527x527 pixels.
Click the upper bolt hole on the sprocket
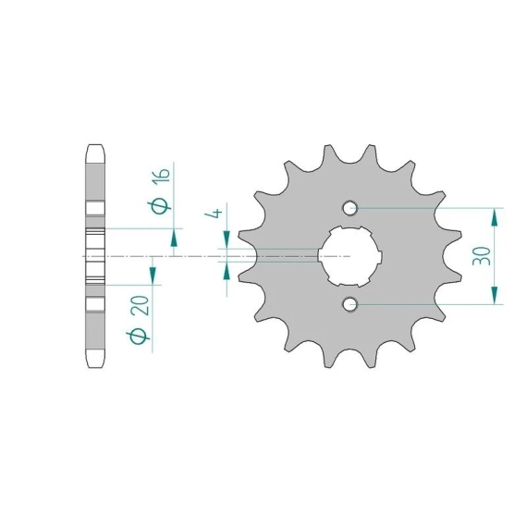(349, 208)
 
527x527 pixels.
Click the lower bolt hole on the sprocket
(349, 304)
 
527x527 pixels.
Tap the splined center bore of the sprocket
(349, 256)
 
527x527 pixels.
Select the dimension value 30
(482, 256)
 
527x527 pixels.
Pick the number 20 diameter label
(140, 305)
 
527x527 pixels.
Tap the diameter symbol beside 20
(138, 337)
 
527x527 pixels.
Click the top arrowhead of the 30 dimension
(494, 217)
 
